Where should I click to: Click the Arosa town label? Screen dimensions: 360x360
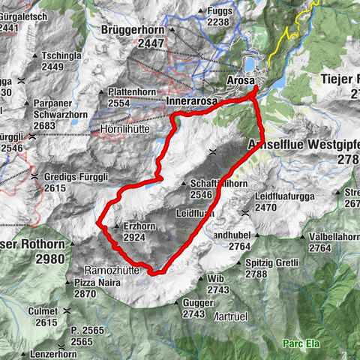pyautogui.click(x=241, y=80)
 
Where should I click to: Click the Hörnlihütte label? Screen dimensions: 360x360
pyautogui.click(x=126, y=129)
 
